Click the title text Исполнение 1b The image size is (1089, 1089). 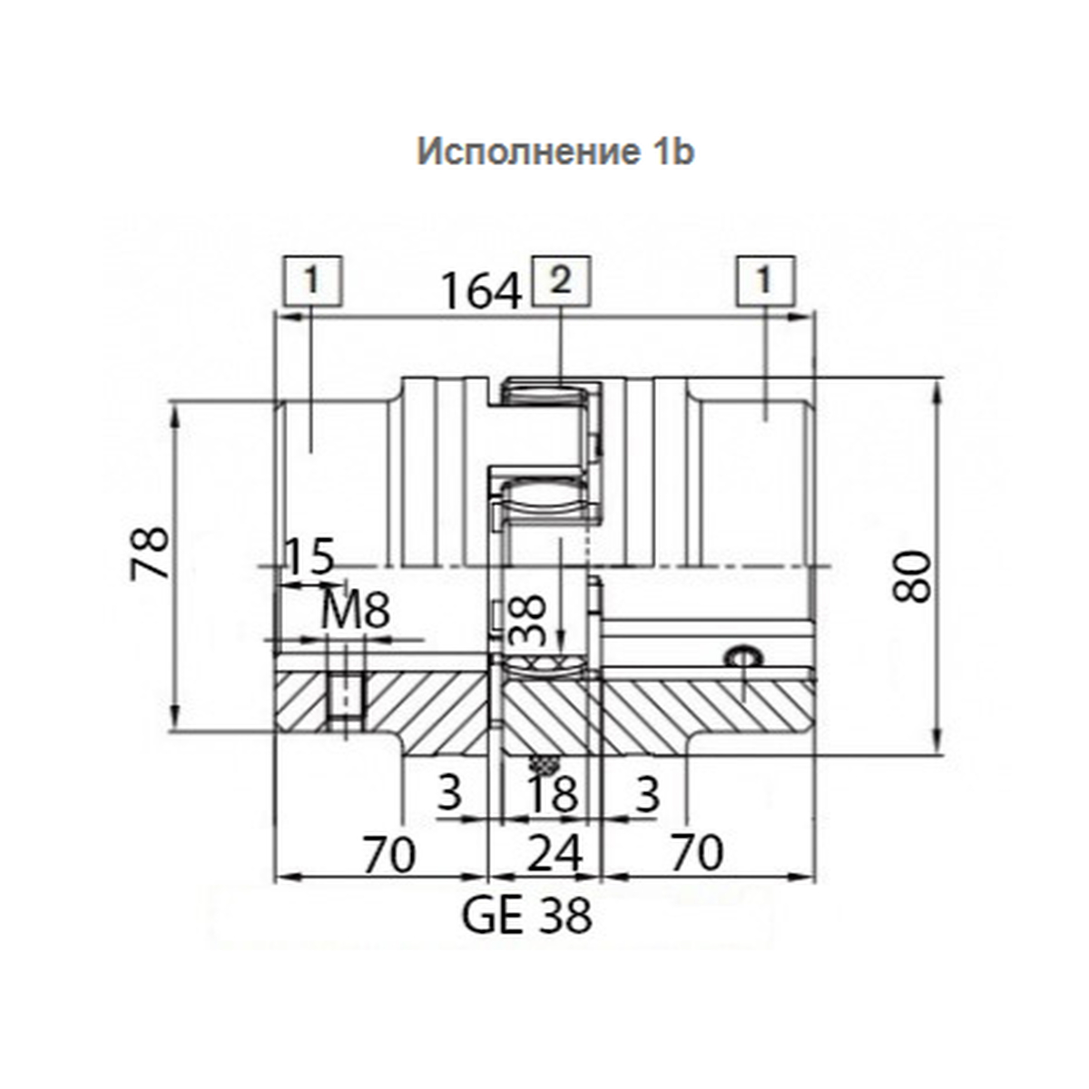(x=555, y=152)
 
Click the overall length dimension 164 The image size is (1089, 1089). (x=480, y=291)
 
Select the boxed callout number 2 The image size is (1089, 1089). (x=561, y=280)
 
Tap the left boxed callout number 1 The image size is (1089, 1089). (x=313, y=280)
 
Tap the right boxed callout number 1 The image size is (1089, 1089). (x=765, y=280)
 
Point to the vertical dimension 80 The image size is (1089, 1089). (x=911, y=576)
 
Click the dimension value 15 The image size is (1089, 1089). (x=309, y=556)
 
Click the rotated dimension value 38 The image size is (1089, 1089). (x=528, y=620)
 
